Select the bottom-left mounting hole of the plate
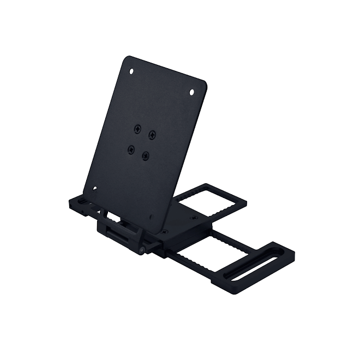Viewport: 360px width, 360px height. pyautogui.click(x=94, y=188)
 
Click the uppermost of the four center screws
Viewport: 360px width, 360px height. pyautogui.click(x=136, y=129)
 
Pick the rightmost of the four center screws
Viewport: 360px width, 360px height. pyautogui.click(x=152, y=134)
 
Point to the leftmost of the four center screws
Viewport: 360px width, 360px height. pyautogui.click(x=131, y=148)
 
